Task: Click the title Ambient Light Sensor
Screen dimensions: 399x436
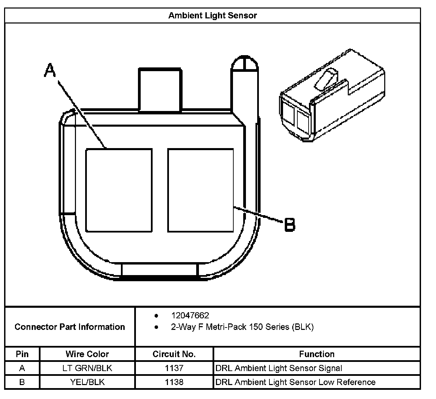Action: coord(212,15)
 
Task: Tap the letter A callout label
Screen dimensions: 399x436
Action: coord(50,70)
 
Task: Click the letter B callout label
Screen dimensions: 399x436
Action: coord(290,225)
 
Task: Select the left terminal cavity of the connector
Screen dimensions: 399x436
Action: coord(119,190)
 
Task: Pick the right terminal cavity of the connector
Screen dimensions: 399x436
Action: coord(201,190)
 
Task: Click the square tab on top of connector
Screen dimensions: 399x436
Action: coord(159,89)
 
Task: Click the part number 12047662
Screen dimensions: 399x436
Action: coord(190,315)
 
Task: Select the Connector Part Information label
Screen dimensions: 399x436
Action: coord(70,327)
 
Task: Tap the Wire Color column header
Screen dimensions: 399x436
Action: coord(87,354)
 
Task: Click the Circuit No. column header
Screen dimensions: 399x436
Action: coord(174,354)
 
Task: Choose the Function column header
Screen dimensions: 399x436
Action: coord(316,354)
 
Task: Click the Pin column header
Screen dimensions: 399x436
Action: coord(22,354)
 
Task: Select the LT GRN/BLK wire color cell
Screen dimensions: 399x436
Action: coord(87,368)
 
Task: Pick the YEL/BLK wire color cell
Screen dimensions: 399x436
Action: coord(87,382)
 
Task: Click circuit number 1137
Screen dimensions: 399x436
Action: coord(174,368)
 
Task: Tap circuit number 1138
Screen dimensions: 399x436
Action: coord(174,382)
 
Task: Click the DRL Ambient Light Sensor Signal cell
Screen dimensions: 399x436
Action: coord(279,368)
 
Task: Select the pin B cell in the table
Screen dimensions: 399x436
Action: coord(22,382)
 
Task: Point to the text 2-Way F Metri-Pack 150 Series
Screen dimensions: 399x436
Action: coord(242,327)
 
